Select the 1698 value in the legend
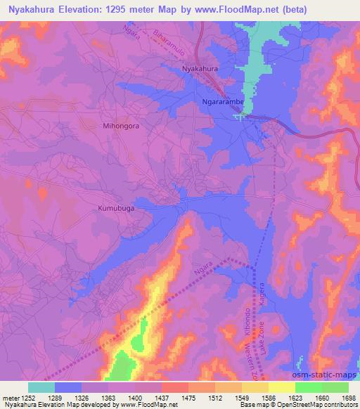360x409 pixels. [349, 397]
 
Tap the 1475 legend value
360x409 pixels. [188, 397]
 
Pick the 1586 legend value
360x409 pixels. [269, 397]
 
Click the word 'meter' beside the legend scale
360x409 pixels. [10, 397]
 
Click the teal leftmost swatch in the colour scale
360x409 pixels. [41, 387]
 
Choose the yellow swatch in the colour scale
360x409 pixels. [282, 387]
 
